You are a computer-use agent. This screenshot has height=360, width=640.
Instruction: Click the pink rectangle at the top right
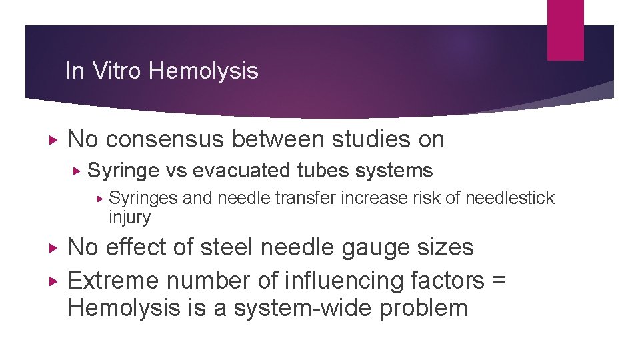point(565,30)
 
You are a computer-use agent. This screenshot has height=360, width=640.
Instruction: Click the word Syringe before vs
point(123,171)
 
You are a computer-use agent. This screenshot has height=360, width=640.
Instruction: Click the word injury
point(129,217)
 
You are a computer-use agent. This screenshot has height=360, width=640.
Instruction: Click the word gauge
point(357,247)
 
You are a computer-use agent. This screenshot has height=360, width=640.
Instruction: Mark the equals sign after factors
point(499,281)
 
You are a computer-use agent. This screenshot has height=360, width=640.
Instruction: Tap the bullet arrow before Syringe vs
point(77,171)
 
